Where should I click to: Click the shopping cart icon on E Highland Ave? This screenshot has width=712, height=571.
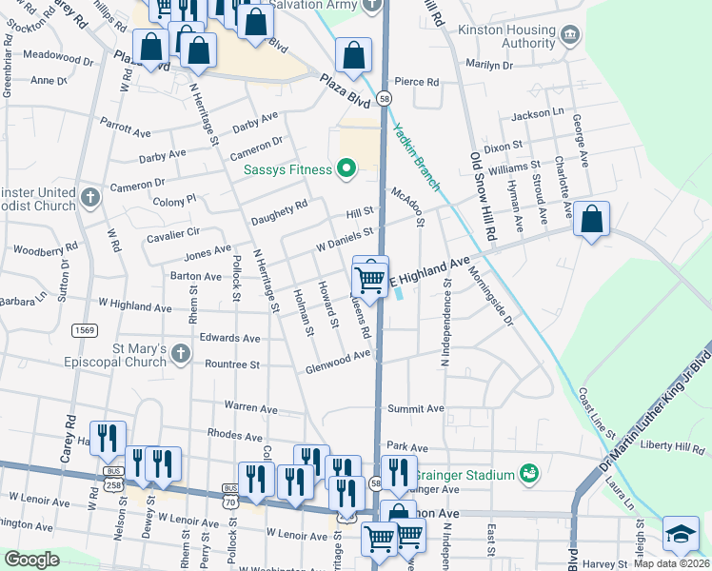pyautogui.click(x=370, y=278)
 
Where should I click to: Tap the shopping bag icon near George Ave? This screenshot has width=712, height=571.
pyautogui.click(x=591, y=219)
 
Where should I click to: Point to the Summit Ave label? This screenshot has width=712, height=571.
pyautogui.click(x=415, y=408)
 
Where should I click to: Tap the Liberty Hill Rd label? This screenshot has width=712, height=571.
pyautogui.click(x=671, y=444)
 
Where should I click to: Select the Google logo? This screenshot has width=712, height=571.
pyautogui.click(x=31, y=560)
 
